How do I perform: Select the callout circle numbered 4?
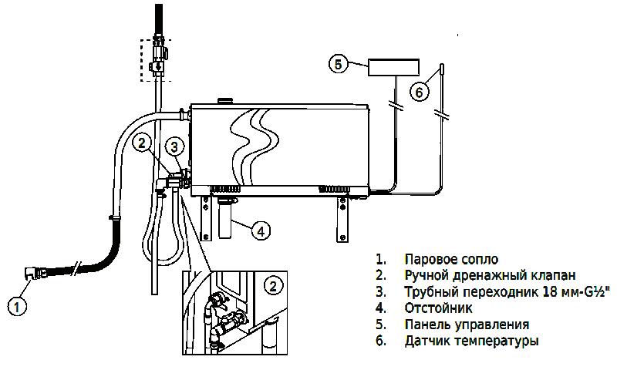click(x=261, y=230)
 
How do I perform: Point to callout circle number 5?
click(x=338, y=63)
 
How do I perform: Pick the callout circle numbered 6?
click(x=418, y=91)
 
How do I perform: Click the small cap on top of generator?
click(x=226, y=100)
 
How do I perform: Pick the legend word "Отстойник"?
click(x=438, y=308)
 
